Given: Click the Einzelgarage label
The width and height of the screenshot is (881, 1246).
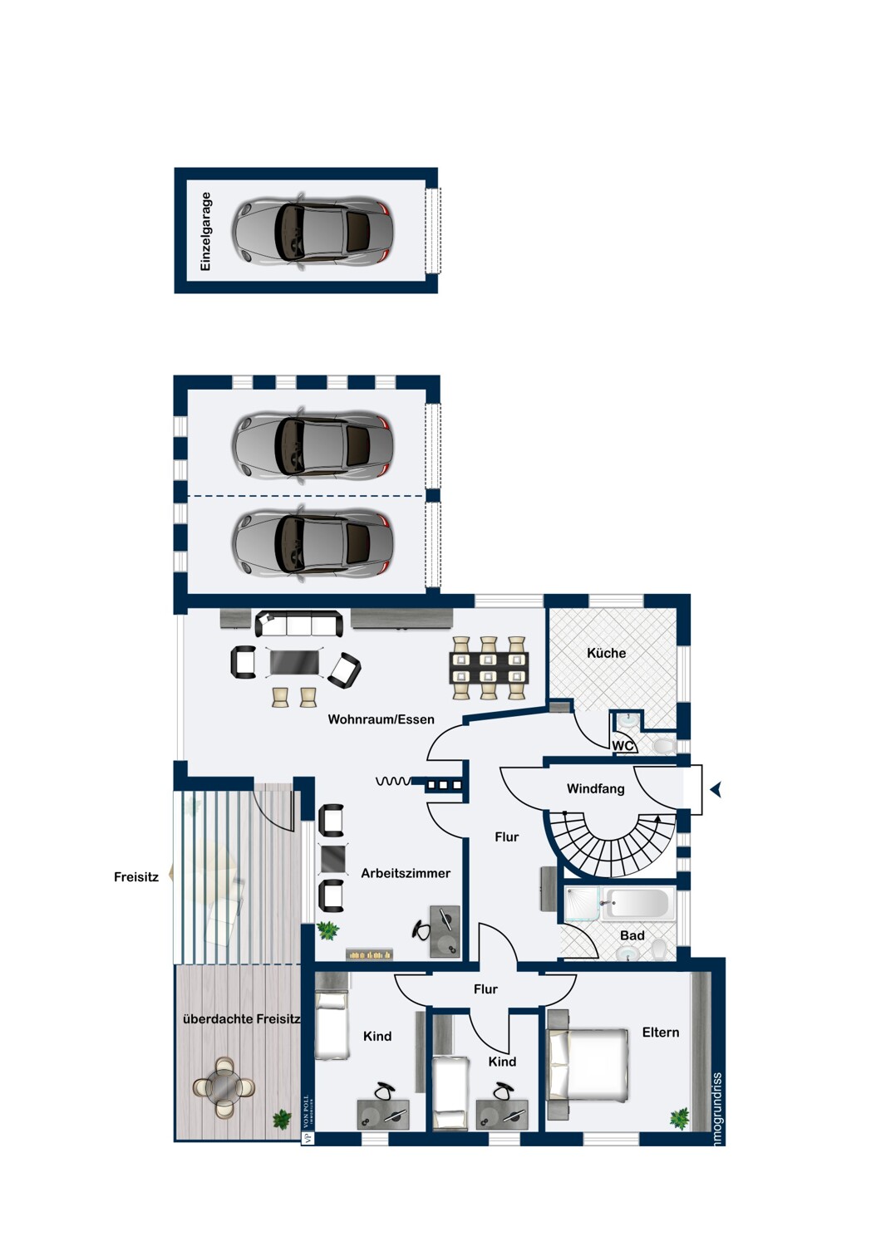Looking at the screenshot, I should (x=206, y=232).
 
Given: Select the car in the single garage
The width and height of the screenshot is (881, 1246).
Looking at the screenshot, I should (x=312, y=233).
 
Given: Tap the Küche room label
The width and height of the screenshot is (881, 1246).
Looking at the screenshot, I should (x=606, y=653).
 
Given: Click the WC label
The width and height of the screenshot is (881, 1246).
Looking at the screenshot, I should (x=623, y=746).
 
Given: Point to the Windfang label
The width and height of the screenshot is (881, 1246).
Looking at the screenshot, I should (x=595, y=788).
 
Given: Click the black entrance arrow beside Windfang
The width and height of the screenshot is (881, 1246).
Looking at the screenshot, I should (x=716, y=790).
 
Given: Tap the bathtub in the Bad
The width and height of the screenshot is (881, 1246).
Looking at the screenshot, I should (x=637, y=904).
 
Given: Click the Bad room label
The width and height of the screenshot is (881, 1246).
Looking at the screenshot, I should (x=632, y=935).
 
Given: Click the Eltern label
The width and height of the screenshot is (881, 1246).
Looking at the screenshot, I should (x=661, y=1032).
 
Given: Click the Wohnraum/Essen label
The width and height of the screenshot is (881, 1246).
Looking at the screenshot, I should (x=381, y=719).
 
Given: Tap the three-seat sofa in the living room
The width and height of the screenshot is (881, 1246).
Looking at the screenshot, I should (x=298, y=623).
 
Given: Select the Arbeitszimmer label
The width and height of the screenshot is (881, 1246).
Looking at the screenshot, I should (x=406, y=873).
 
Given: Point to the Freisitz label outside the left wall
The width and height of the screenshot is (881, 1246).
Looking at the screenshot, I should (x=135, y=876).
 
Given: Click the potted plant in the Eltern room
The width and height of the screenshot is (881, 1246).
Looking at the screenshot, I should (x=680, y=1118).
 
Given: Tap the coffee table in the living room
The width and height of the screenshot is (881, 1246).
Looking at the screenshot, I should (x=294, y=662).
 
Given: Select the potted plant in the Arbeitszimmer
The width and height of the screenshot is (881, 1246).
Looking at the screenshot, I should (x=328, y=930).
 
